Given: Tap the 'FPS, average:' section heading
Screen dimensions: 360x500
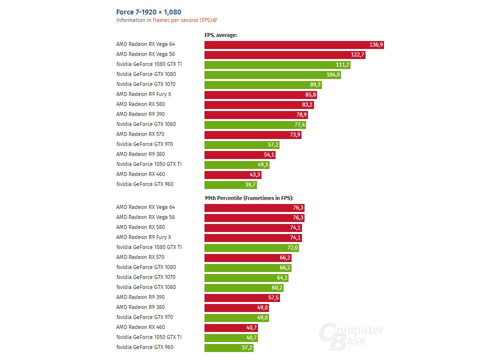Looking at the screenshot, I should [220, 35].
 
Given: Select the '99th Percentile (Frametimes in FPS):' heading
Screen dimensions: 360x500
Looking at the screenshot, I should [248, 198].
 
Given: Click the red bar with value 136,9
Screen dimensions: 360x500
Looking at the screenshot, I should [294, 45].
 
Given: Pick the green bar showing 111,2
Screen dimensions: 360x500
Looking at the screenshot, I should [277, 65].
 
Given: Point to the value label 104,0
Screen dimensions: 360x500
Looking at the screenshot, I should [332, 75].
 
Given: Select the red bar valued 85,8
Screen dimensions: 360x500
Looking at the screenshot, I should [260, 95].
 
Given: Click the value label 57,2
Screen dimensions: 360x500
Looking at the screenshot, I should [271, 145].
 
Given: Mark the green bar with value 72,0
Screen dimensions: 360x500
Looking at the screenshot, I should [251, 248].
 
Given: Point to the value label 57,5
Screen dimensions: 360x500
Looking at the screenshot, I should [272, 298].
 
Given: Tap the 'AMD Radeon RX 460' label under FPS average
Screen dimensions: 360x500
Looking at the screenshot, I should [140, 174].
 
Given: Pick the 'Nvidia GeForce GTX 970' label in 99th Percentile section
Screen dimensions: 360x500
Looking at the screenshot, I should [144, 317].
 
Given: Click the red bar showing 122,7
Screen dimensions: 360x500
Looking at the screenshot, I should [284, 55].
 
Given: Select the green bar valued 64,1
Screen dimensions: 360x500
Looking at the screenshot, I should [246, 278].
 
